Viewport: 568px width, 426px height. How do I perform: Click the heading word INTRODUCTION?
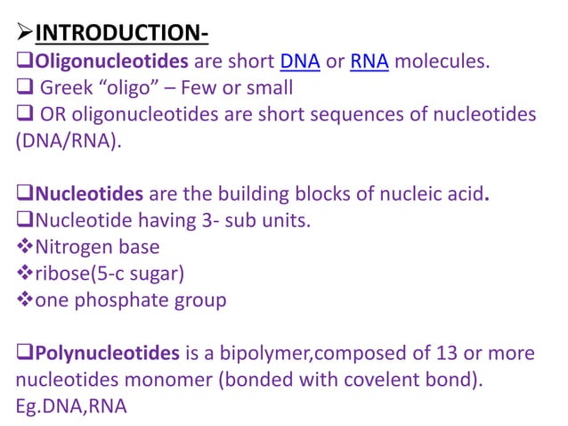[x=120, y=35]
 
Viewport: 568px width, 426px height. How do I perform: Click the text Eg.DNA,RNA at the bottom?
[x=71, y=406]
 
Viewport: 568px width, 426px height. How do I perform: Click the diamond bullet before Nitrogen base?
[x=24, y=247]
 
